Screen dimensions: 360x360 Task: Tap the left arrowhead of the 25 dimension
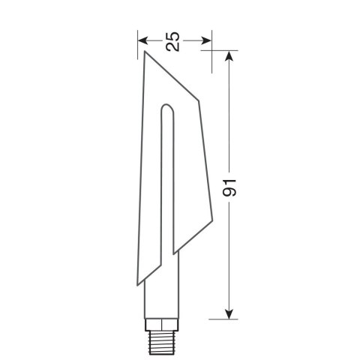[x=143, y=40]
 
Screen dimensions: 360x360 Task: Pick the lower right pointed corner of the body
[x=173, y=250]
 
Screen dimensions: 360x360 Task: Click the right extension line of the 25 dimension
[x=211, y=45]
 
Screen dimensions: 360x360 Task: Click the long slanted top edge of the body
[x=171, y=76]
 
